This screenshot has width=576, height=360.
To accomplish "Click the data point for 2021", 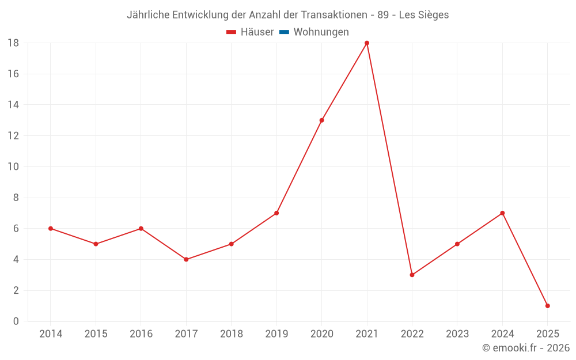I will click(367, 43).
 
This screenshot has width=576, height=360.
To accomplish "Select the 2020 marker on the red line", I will click(321, 120).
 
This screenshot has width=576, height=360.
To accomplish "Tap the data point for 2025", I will click(547, 306).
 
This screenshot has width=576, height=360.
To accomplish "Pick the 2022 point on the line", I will click(412, 275).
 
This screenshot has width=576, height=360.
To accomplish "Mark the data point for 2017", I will click(186, 259).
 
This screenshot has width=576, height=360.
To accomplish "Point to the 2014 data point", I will click(51, 229).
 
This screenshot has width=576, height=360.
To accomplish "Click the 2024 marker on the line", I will click(502, 213).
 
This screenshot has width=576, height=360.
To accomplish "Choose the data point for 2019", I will click(276, 213).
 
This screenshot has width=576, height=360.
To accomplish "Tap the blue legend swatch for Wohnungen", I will click(284, 32).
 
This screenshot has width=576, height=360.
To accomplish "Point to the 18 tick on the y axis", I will click(13, 43).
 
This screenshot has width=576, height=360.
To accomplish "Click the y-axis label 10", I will click(13, 167).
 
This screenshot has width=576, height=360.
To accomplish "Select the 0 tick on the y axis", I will click(16, 321).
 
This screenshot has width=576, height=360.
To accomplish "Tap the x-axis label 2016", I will click(141, 334).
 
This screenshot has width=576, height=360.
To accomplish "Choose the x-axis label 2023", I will click(457, 334).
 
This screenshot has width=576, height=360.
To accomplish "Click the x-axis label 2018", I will click(232, 334).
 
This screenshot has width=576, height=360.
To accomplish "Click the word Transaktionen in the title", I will click(333, 15).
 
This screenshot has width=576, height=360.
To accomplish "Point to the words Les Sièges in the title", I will click(423, 15).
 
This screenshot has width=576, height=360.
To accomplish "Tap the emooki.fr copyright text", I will click(526, 348).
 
